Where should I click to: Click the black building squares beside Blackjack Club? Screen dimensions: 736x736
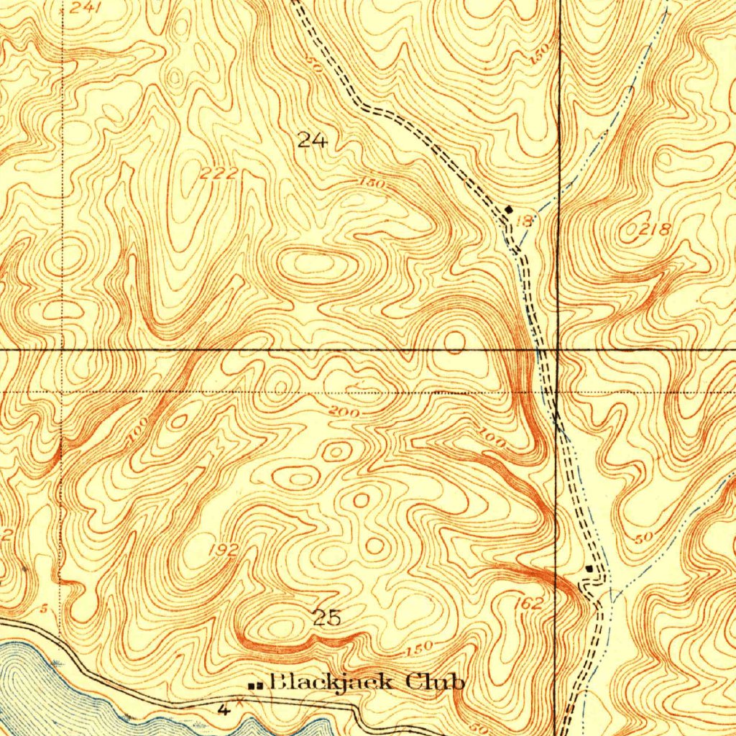pyautogui.click(x=254, y=686)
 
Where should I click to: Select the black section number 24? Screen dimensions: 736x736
pyautogui.click(x=312, y=140)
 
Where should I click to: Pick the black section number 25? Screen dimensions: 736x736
pyautogui.click(x=327, y=617)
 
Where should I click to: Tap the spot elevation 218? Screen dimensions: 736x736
pyautogui.click(x=654, y=230)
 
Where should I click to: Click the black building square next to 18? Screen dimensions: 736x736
pyautogui.click(x=509, y=209)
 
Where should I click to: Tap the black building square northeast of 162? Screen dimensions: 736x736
pyautogui.click(x=589, y=569)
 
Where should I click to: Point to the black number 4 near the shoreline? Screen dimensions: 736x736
pyautogui.click(x=224, y=710)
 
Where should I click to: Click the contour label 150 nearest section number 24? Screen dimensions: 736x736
pyautogui.click(x=374, y=185)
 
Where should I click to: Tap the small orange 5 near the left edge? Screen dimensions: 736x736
pyautogui.click(x=43, y=609)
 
